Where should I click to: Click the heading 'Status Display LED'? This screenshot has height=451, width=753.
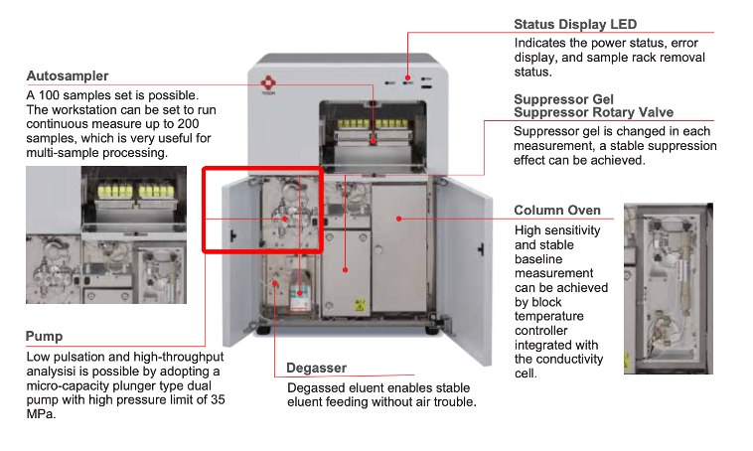tap(575, 24)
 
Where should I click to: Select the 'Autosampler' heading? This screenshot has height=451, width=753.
tap(68, 75)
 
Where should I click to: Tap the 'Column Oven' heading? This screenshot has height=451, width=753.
tap(556, 211)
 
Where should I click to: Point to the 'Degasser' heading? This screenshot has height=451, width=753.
tap(316, 369)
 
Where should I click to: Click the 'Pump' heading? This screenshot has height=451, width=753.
tap(44, 337)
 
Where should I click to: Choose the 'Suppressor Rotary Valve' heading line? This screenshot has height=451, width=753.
tap(593, 112)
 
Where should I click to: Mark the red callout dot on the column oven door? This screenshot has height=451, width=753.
tap(397, 215)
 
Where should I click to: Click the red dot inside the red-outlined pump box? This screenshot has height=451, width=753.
tap(285, 217)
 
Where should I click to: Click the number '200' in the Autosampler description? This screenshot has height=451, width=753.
tap(200, 124)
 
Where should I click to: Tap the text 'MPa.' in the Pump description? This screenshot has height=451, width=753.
tap(41, 415)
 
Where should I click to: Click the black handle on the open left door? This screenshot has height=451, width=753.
tap(229, 235)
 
